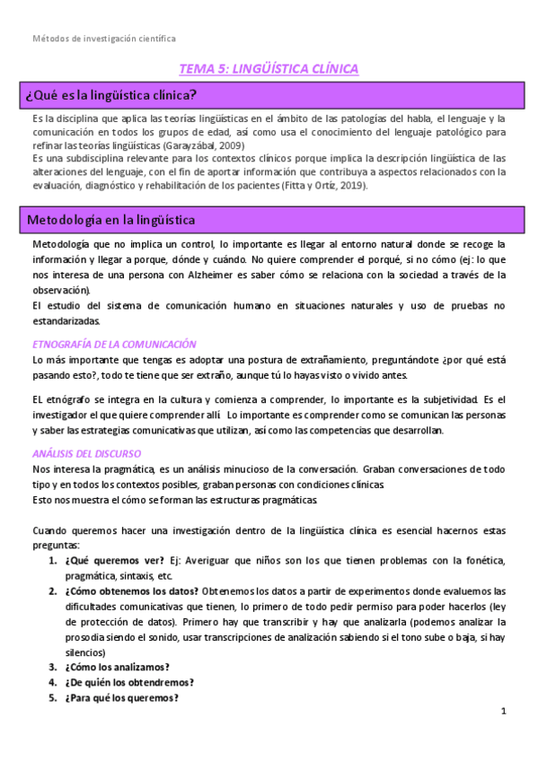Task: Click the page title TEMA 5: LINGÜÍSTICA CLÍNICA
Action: (x=269, y=68)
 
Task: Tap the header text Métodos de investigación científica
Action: (x=104, y=39)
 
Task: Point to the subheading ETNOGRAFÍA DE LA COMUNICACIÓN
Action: (x=113, y=344)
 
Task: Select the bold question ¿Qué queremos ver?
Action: (x=114, y=561)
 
